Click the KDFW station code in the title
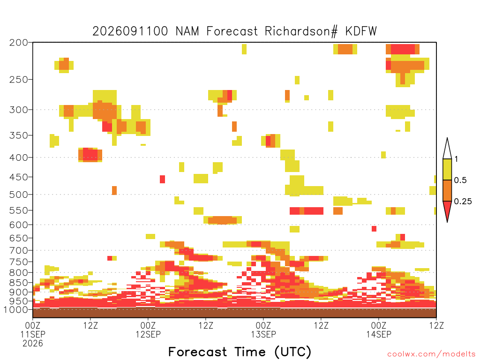click(x=361, y=31)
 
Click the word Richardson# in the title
click(x=301, y=31)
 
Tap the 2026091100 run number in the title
click(x=130, y=31)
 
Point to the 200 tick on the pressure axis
click(x=19, y=43)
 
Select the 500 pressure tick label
click(x=19, y=195)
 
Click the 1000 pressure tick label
click(x=16, y=310)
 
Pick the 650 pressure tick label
click(x=19, y=238)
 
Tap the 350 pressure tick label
click(x=19, y=135)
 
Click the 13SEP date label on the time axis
click(x=263, y=334)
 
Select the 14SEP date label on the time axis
click(x=379, y=334)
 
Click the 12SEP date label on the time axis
click(x=148, y=334)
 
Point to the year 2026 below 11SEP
click(x=33, y=344)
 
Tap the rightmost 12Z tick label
click(x=436, y=325)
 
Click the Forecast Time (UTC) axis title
click(x=240, y=352)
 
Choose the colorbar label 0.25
click(x=463, y=202)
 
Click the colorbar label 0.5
click(x=460, y=180)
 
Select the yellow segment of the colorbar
click(x=447, y=169)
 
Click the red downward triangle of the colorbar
click(x=447, y=209)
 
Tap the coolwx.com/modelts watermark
click(x=432, y=354)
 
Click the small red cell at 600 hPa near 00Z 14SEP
click(x=374, y=229)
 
